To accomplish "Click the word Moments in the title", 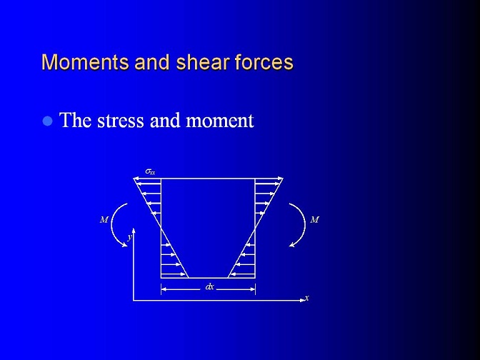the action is click(85, 62).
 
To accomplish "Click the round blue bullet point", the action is click(47, 121).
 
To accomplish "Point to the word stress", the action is click(120, 120).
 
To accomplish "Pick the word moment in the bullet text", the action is click(219, 121).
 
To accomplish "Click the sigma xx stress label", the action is click(150, 171).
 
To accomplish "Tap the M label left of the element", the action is click(104, 219).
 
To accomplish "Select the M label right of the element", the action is click(315, 219).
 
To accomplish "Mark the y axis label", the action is click(130, 236).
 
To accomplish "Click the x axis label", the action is click(306, 297).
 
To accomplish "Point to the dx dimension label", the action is click(209, 287).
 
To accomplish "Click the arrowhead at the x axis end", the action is click(303, 300).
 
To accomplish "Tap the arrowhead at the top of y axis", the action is click(134, 230).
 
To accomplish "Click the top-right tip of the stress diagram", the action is click(283, 178).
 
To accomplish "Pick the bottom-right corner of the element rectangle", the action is click(255, 278).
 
